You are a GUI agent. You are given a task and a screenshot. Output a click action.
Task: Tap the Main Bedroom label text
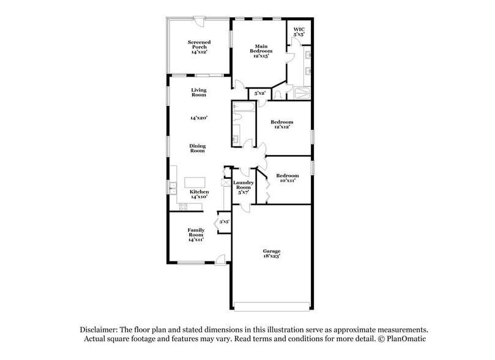pyautogui.click(x=261, y=50)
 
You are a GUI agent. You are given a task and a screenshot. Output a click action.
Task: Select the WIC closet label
pyautogui.click(x=299, y=32)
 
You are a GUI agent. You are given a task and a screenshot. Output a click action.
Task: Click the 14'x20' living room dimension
pyautogui.click(x=198, y=117)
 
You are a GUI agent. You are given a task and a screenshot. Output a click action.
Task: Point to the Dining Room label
pyautogui.click(x=197, y=148)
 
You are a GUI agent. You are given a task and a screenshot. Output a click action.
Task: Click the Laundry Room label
pyautogui.click(x=243, y=187)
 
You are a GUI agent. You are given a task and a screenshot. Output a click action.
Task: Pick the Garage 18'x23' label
pyautogui.click(x=272, y=253)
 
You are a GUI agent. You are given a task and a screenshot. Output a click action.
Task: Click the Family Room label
pyautogui.click(x=196, y=235)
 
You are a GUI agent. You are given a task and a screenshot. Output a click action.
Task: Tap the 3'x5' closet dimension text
pyautogui.click(x=224, y=222)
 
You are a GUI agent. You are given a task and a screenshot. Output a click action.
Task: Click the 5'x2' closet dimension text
pyautogui.click(x=260, y=93)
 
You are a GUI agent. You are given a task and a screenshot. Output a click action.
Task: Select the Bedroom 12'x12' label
pyautogui.click(x=281, y=124)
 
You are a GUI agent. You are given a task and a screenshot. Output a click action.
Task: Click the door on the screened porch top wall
pyautogui.click(x=199, y=20)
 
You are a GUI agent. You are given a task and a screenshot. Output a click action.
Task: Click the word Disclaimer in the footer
pyautogui.click(x=100, y=329)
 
